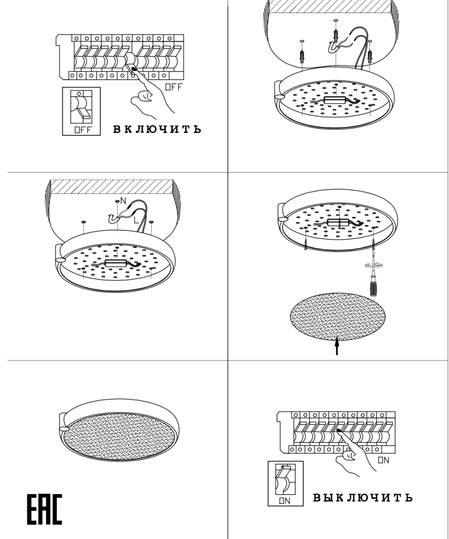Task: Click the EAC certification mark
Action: pos(44,509)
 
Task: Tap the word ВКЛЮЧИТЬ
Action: pos(157,129)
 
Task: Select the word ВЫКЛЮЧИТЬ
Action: pos(363,497)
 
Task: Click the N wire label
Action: pos(123,201)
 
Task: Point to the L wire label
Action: pos(136,220)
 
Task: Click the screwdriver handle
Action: pos(373,286)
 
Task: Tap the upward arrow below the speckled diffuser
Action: pos(337,346)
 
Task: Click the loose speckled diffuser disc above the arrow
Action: pos(338,317)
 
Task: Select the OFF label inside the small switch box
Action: pos(83,130)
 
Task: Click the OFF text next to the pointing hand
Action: pos(173,87)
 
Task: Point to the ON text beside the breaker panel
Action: pos(383,460)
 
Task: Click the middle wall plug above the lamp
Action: pos(336,35)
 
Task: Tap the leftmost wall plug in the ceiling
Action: pos(302,56)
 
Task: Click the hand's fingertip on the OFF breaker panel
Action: pos(134,69)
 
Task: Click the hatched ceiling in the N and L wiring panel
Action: pos(111,187)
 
